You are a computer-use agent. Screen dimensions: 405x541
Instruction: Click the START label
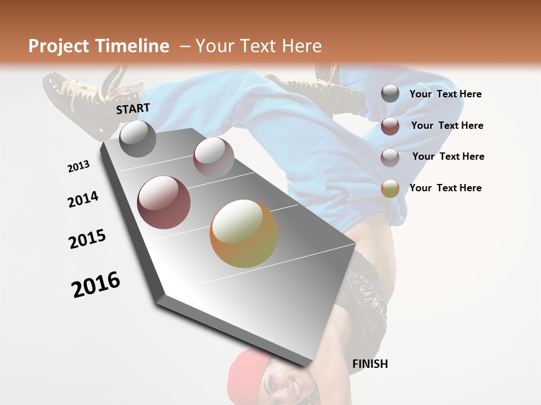[133, 109]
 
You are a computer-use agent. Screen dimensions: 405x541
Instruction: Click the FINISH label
[370, 364]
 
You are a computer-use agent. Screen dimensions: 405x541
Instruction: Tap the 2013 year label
[79, 166]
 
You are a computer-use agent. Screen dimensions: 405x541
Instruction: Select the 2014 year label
[83, 199]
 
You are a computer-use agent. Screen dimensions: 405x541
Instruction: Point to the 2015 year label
[87, 239]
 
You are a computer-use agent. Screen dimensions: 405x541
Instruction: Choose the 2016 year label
[96, 285]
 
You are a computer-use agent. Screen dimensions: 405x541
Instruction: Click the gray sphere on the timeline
[138, 139]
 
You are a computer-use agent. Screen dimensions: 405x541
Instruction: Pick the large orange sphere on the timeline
[244, 233]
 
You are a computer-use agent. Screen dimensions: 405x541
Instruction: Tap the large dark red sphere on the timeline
[164, 202]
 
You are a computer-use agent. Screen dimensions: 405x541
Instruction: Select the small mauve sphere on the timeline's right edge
[214, 157]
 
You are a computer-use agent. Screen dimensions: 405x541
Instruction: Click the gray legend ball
[390, 94]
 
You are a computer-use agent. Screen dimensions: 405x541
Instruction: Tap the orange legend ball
[390, 188]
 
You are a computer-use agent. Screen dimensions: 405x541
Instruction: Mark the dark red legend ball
[390, 125]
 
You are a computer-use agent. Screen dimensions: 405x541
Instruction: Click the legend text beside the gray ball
[445, 94]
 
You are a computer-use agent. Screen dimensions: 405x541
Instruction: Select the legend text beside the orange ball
[445, 188]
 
